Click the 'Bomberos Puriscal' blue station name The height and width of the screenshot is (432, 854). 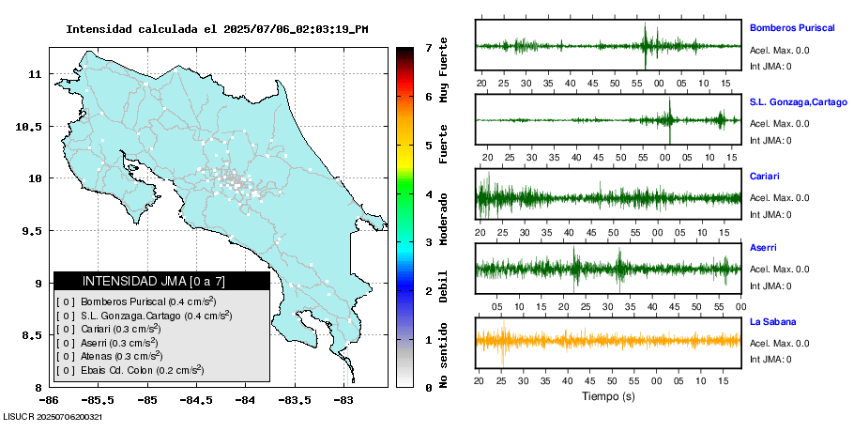click(x=792, y=28)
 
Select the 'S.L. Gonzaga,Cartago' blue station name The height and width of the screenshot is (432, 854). click(x=799, y=101)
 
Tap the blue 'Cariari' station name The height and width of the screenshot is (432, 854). click(x=765, y=176)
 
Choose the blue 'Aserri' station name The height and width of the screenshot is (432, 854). click(x=764, y=249)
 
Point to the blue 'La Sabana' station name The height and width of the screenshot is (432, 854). click(x=772, y=322)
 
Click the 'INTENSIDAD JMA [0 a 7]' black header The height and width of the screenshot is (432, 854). click(x=161, y=281)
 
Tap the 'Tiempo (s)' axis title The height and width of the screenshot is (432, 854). click(x=609, y=397)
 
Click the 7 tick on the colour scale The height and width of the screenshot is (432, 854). click(x=428, y=47)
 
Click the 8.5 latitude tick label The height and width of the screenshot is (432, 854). click(x=34, y=335)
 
